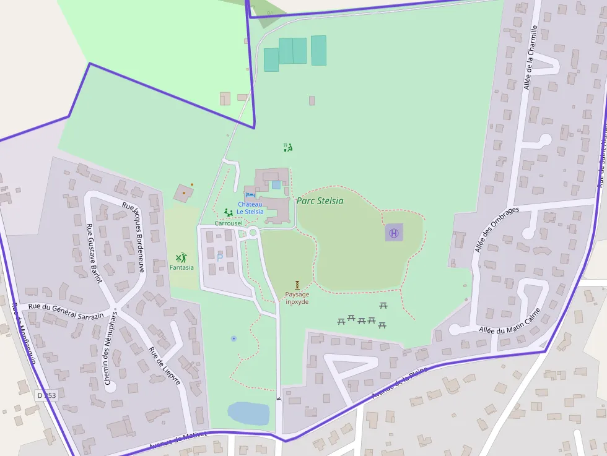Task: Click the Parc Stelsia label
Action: tap(320, 200)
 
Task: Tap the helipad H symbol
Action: tap(393, 233)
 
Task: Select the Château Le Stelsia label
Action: tap(250, 208)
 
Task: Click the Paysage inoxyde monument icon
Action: tap(297, 285)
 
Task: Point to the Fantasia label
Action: tap(181, 267)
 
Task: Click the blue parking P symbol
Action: tap(219, 257)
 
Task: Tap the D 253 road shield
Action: tap(46, 395)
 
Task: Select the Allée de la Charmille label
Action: tap(530, 57)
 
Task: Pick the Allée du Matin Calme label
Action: tap(510, 320)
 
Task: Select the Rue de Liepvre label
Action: tap(164, 366)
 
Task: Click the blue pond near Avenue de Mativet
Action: tap(248, 413)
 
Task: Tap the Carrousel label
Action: tap(229, 223)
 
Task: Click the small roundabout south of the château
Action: tap(253, 233)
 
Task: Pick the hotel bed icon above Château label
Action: tap(250, 195)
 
